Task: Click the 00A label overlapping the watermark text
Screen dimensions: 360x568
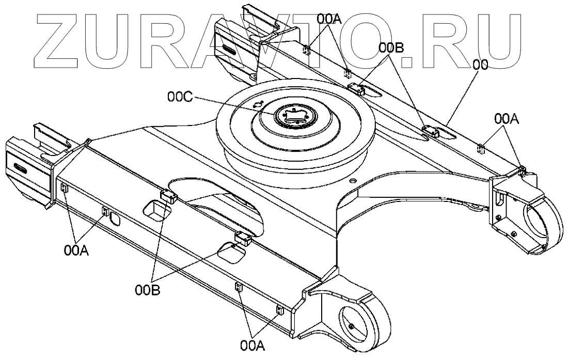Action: point(329,20)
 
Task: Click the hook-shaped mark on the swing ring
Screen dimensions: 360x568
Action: point(258,104)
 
